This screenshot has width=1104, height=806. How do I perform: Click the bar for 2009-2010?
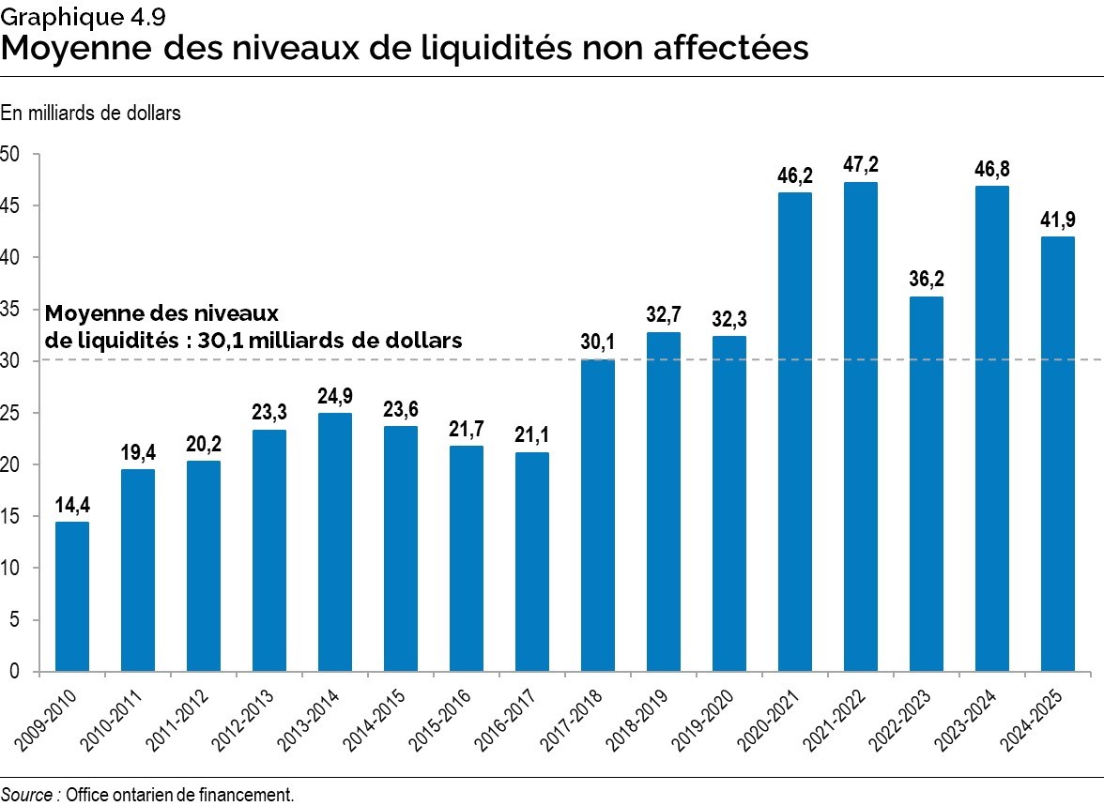pyautogui.click(x=72, y=596)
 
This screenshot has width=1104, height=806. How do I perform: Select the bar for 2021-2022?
pyautogui.click(x=861, y=427)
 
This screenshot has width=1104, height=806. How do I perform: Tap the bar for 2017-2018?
pyautogui.click(x=598, y=515)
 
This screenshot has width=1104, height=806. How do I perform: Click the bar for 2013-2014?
pyautogui.click(x=335, y=541)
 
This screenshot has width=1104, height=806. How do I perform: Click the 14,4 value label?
pyautogui.click(x=72, y=506)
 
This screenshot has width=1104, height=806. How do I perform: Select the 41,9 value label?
pyautogui.click(x=1058, y=221)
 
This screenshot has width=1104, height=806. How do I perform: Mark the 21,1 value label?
pyautogui.click(x=532, y=436)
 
